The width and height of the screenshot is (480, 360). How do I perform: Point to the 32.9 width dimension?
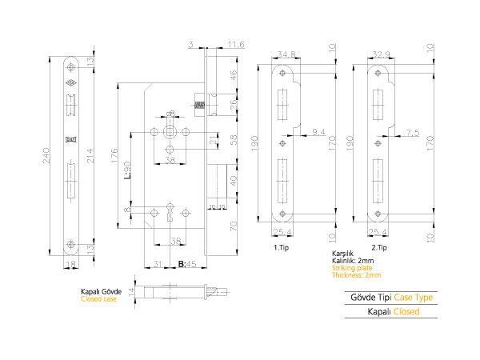pos(378,54)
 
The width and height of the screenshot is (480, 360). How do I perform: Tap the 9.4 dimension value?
pos(318,130)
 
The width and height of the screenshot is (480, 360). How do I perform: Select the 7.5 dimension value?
pos(413,130)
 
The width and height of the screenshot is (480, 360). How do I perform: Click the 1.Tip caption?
pos(281,249)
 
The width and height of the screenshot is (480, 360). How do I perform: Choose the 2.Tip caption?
pos(378,249)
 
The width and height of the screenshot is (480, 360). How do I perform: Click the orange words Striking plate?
pos(351,268)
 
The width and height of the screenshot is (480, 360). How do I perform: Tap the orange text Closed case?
pos(99,299)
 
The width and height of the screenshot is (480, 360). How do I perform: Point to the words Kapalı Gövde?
pos(101,292)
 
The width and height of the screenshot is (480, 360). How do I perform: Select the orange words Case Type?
pos(414,298)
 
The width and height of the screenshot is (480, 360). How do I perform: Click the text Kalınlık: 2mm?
pos(353,261)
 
